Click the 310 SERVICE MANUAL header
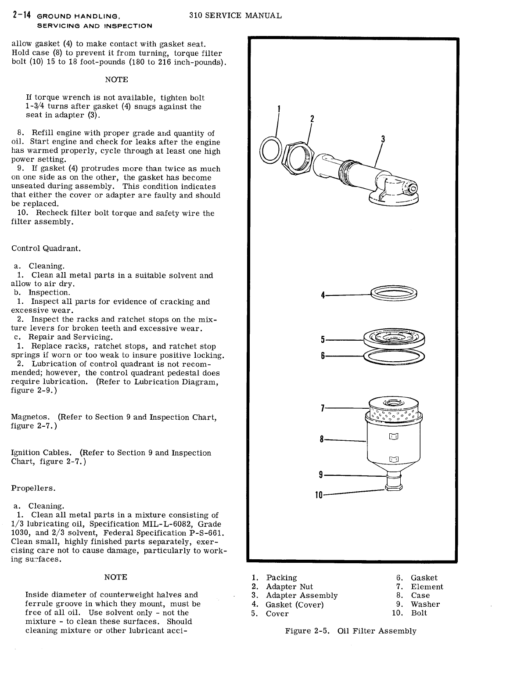[x=235, y=15]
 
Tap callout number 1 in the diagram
[x=279, y=109]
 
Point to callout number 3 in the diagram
[x=383, y=140]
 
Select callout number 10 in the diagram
[x=319, y=495]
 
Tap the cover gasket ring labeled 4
[x=394, y=293]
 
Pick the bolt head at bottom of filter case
[x=393, y=487]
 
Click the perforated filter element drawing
[x=393, y=413]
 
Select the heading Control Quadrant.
[x=46, y=248]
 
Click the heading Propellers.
[x=33, y=488]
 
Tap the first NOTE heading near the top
[x=116, y=79]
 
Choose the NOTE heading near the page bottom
[x=116, y=577]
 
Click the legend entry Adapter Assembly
[x=302, y=595]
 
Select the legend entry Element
[x=427, y=586]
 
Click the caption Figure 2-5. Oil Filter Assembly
[x=351, y=631]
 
